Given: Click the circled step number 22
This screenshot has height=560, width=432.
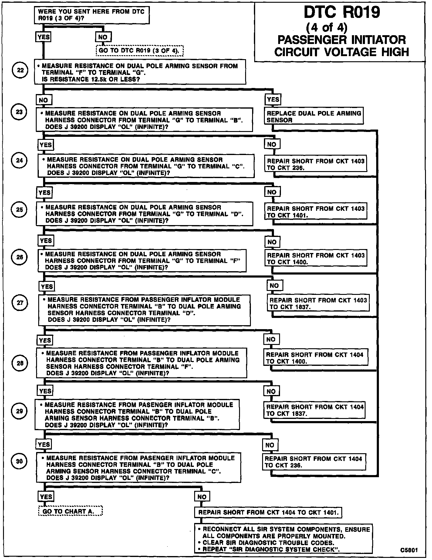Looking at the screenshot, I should (x=20, y=70).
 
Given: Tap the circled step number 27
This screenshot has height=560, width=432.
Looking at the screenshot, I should (x=20, y=302).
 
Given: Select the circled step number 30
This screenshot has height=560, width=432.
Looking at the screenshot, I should (x=19, y=461).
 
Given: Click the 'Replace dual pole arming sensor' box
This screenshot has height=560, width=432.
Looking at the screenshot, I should (x=314, y=116).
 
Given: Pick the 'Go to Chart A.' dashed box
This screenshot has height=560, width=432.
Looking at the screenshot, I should (x=70, y=511).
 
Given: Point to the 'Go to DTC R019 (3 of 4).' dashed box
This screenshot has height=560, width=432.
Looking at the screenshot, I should (x=140, y=51).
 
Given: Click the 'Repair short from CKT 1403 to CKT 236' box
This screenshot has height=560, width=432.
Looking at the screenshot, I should (x=316, y=164).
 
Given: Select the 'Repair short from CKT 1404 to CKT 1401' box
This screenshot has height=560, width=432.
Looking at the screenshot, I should (x=268, y=512).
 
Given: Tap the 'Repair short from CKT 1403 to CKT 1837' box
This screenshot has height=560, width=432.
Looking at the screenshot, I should (x=318, y=303).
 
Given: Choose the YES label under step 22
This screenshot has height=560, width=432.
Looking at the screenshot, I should (x=273, y=100).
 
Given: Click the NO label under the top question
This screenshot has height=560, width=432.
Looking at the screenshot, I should (x=103, y=37).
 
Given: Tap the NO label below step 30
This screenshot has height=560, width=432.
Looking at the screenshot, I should (x=202, y=497).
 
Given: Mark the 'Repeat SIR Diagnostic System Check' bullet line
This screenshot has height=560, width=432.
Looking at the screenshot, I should (x=271, y=549).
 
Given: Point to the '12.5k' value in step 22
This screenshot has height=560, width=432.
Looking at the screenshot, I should (x=97, y=79).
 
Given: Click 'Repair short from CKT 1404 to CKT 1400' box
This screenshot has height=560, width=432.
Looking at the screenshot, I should (x=315, y=358).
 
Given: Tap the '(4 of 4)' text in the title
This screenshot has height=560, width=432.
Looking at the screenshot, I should (x=326, y=27).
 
